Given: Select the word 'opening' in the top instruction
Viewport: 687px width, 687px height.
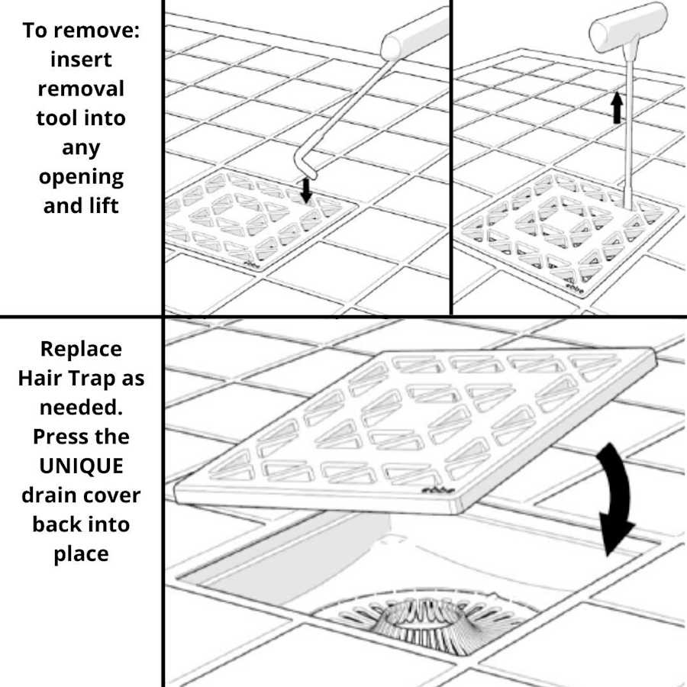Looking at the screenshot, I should (x=81, y=177).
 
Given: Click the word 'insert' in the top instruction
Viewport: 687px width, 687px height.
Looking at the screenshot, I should (x=80, y=60).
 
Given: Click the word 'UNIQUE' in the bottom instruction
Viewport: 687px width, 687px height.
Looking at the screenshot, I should (x=81, y=466).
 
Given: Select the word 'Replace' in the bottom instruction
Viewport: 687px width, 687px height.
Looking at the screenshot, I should (x=81, y=349).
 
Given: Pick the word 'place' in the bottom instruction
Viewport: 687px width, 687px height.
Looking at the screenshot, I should (x=81, y=553).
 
